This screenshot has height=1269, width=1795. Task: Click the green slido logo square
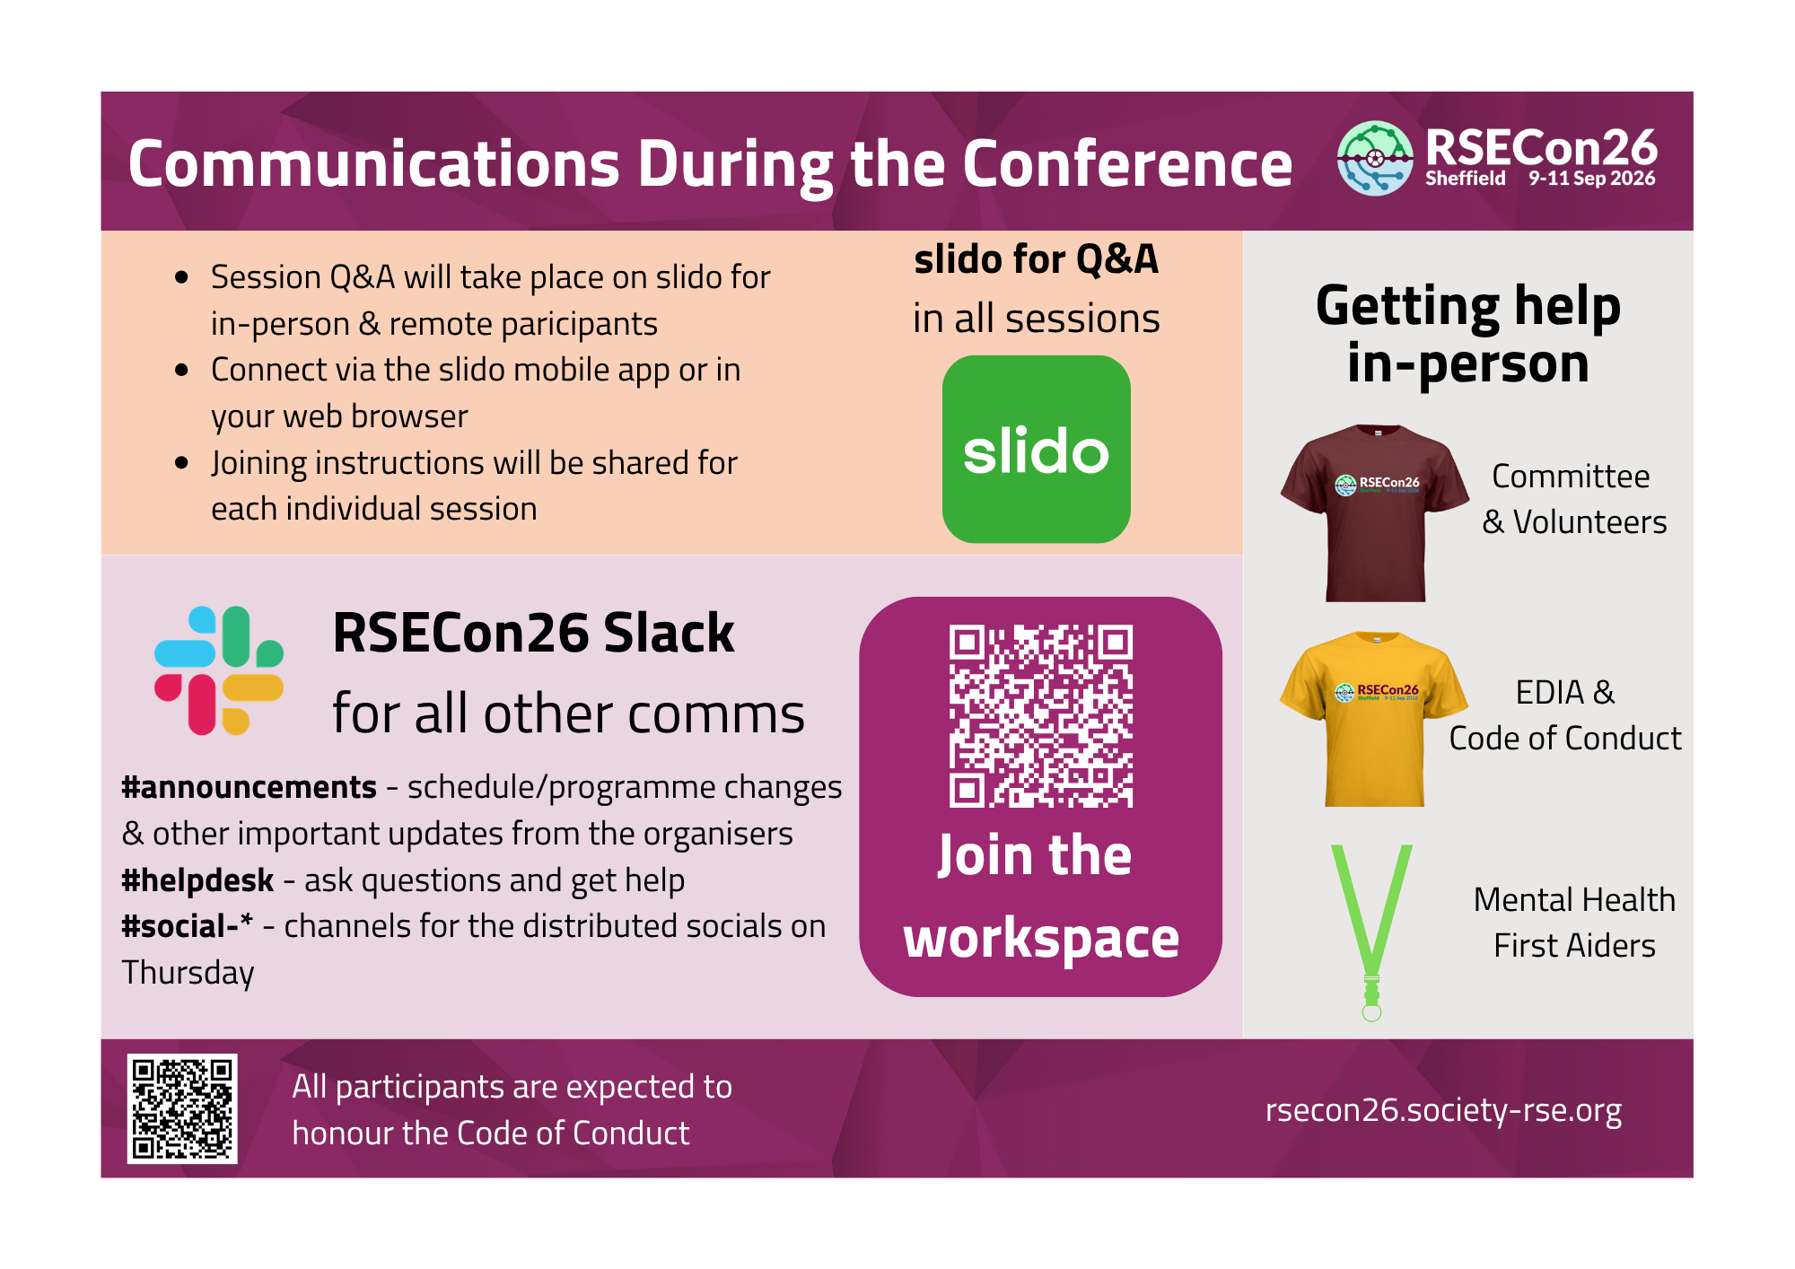click(1036, 449)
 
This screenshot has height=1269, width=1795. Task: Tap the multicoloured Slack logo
click(219, 670)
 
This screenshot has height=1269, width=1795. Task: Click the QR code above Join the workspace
click(1041, 716)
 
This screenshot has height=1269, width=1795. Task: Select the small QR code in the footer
click(182, 1108)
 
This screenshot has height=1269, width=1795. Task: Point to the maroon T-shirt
click(1375, 512)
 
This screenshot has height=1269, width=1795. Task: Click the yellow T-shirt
click(1374, 719)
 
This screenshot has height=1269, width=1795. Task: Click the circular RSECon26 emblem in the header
click(1375, 158)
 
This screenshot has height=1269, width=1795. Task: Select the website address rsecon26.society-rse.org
click(1443, 1111)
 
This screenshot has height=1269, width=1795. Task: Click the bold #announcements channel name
click(249, 787)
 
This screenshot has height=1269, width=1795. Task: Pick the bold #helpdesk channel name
click(197, 880)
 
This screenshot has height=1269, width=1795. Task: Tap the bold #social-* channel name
click(187, 926)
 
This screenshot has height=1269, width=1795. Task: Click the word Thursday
click(188, 974)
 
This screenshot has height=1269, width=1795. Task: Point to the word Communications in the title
click(374, 164)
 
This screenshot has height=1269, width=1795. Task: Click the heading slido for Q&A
click(1037, 259)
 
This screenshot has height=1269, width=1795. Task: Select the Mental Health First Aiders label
click(1574, 923)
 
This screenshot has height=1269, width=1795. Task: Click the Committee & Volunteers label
click(1574, 499)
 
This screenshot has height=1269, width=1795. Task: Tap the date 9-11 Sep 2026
click(1592, 179)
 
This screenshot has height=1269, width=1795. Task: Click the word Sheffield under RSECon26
click(1466, 179)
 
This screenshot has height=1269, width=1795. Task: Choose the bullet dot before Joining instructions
click(182, 463)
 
